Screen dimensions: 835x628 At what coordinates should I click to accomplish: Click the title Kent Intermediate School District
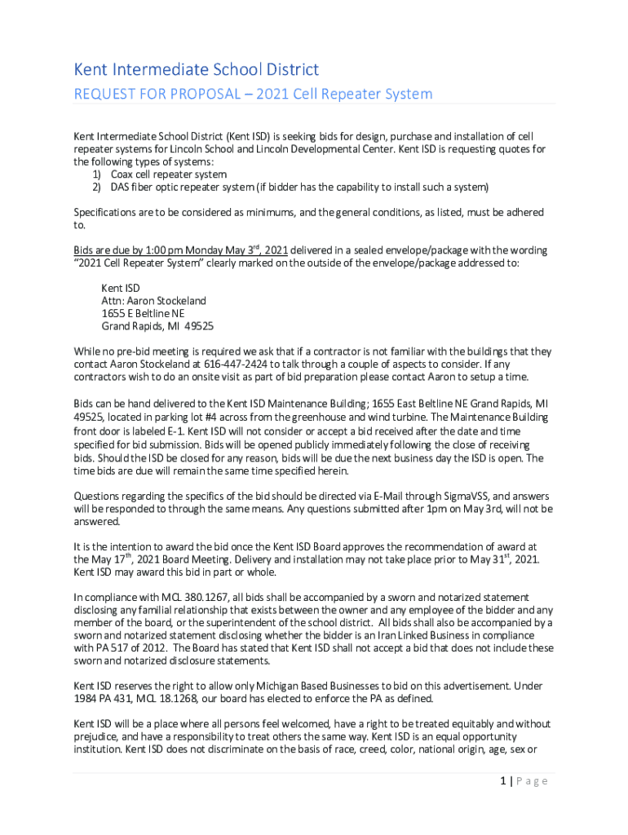coord(196,70)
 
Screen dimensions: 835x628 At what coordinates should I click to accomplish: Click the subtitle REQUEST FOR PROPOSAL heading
coord(253,94)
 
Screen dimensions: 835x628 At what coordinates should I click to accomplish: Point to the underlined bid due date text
coord(192,250)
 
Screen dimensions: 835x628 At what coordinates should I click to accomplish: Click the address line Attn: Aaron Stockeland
coord(153,301)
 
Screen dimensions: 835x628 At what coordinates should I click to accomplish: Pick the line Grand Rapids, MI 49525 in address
coord(157,326)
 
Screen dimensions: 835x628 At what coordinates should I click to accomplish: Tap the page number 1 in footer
coord(506,781)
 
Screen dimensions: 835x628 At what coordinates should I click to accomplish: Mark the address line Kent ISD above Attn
coord(121,288)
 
